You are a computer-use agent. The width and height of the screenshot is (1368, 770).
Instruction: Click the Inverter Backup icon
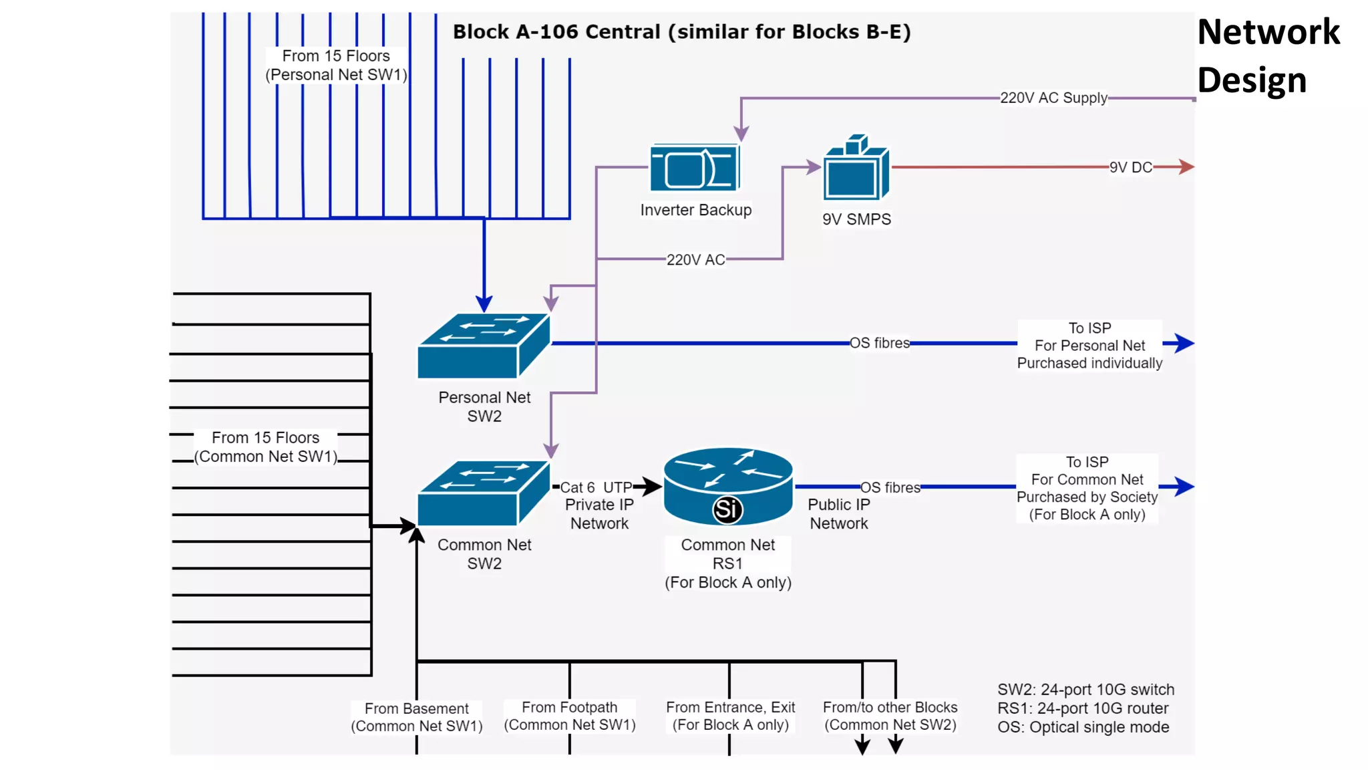(695, 168)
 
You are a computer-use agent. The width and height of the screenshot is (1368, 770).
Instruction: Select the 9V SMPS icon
(856, 171)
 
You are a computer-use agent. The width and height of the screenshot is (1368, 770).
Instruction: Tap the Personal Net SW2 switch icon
(483, 346)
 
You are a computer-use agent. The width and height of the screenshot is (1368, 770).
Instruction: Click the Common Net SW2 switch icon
(483, 493)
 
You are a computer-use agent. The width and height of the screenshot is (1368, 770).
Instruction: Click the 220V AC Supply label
(1053, 98)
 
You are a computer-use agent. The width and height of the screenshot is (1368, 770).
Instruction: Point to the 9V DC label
(1130, 167)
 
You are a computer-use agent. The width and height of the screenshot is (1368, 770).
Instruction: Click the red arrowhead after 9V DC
(1186, 166)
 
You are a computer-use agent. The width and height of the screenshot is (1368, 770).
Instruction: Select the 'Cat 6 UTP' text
(596, 487)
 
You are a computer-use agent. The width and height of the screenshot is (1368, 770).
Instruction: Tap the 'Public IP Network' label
(838, 514)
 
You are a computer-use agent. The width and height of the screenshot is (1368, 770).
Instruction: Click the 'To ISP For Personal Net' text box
(1089, 346)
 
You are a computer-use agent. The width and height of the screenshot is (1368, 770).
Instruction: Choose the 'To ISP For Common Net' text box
(1087, 488)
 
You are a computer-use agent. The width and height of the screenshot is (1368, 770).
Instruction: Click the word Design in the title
(1251, 80)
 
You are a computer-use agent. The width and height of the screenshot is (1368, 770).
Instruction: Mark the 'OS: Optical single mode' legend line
(1083, 727)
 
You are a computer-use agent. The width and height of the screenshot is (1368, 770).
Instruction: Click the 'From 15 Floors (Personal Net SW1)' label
(336, 66)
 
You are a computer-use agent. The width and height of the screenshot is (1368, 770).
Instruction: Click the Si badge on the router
(727, 510)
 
